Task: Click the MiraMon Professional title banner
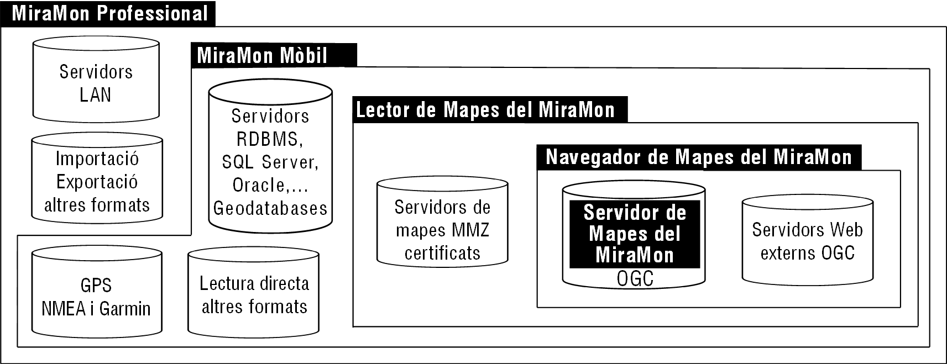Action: point(108,13)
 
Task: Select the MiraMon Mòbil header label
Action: point(274,55)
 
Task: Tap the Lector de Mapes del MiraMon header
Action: point(490,110)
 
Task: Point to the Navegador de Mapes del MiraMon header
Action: point(699,157)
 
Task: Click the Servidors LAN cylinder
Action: point(96,79)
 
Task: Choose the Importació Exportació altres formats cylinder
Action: point(97,178)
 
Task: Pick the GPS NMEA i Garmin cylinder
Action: point(97,292)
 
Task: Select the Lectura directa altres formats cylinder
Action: point(254,292)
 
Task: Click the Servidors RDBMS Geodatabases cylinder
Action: point(270,156)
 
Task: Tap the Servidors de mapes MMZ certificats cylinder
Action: point(442,221)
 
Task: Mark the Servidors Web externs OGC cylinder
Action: point(808,240)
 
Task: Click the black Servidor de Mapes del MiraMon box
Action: point(635,234)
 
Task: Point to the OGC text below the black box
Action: point(635,279)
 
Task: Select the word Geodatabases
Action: point(270,208)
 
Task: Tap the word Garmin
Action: point(125,309)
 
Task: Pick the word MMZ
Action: point(470,230)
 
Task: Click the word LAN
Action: point(96,95)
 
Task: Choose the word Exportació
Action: point(97,182)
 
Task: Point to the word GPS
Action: point(96,286)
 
